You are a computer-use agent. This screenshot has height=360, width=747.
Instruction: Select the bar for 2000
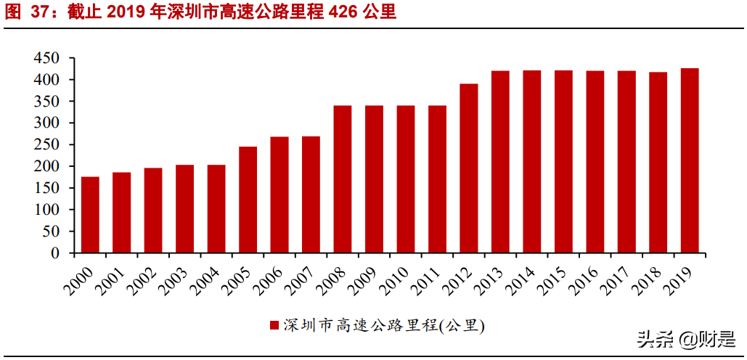[x=90, y=215]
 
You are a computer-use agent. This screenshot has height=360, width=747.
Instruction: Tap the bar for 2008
[x=343, y=179]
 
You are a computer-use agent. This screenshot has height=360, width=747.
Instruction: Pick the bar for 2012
[x=469, y=168]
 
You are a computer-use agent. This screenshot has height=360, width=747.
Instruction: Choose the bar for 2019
[x=690, y=160]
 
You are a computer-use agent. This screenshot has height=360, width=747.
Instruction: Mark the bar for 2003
[x=185, y=209]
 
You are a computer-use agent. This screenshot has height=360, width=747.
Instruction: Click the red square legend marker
[x=274, y=325]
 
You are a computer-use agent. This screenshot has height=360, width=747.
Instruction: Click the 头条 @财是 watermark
[x=685, y=338]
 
